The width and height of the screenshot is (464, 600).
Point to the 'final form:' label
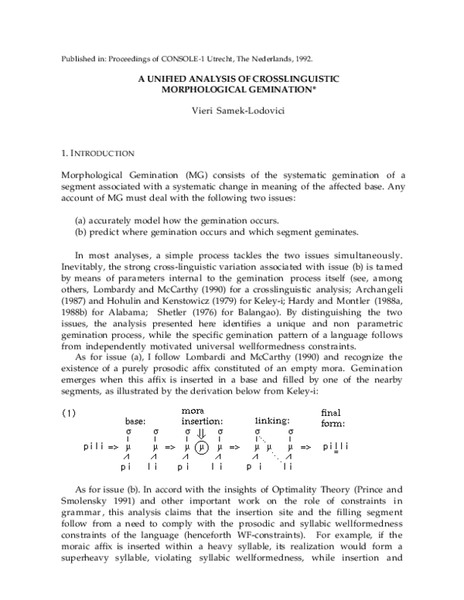pyautogui.click(x=333, y=418)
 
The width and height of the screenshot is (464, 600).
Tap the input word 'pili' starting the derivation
pyautogui.click(x=94, y=447)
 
